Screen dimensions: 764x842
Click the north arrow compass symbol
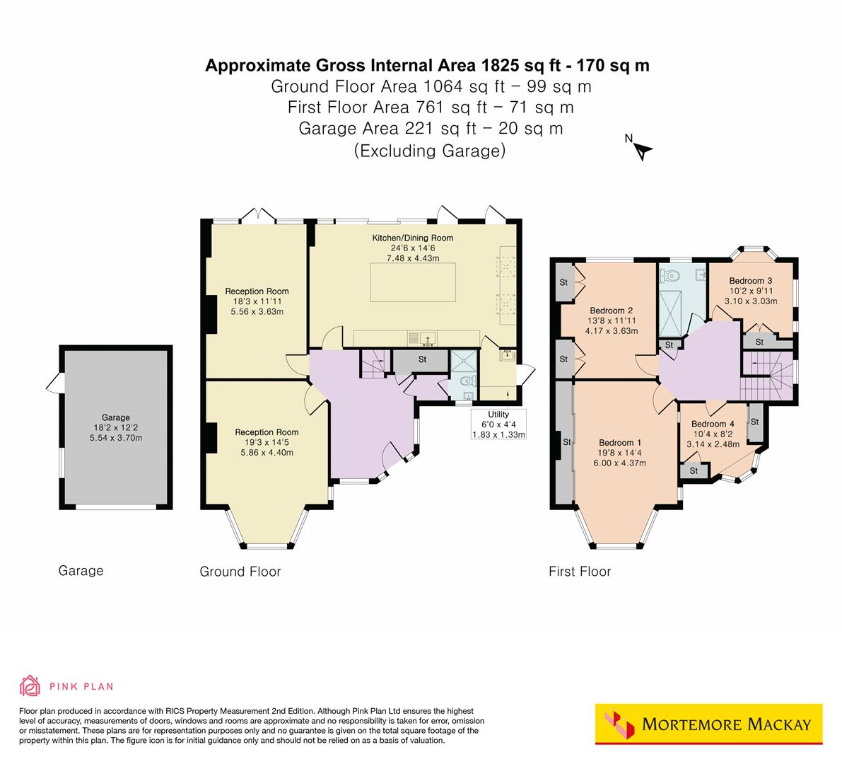(x=643, y=150)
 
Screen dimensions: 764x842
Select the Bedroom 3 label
(x=751, y=280)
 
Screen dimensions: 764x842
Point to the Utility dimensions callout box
(x=498, y=424)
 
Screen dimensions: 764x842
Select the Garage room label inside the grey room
(x=115, y=417)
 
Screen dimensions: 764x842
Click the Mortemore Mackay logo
(x=709, y=724)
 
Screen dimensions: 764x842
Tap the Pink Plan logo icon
(x=30, y=685)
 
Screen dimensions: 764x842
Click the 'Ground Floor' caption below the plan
(x=240, y=572)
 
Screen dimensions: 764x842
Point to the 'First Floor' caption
(x=580, y=572)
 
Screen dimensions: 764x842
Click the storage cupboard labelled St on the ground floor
(x=421, y=360)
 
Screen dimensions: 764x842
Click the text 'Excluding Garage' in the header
(x=429, y=151)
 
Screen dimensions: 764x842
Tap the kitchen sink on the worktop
(x=426, y=337)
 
